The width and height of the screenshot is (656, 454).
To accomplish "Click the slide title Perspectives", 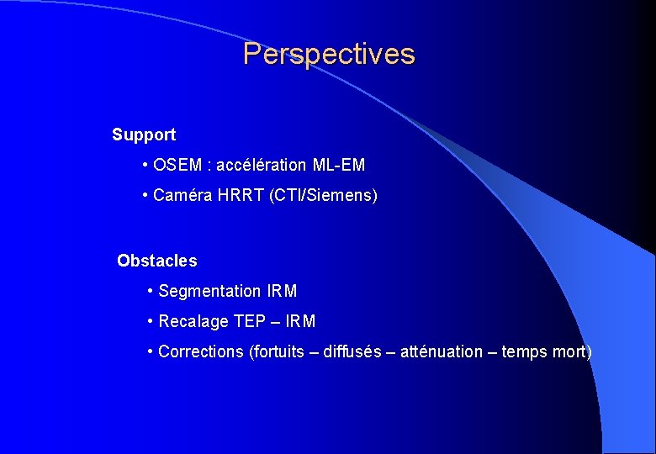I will (329, 55).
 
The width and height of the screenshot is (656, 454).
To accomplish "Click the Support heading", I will (144, 135).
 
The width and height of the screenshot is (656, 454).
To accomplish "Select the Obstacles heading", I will (157, 261).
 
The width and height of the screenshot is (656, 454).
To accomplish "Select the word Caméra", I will (183, 196).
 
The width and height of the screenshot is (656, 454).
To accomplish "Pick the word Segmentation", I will (209, 291).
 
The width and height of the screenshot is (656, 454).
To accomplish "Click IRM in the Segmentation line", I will (282, 291).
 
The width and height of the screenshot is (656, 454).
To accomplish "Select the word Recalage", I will (193, 321).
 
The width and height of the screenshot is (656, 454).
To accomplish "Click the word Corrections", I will (201, 351).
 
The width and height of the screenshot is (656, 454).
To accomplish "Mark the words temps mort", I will (545, 351).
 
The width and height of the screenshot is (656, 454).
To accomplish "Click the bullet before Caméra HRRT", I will (146, 196).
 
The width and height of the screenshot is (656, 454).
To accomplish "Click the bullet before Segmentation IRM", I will (150, 291).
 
